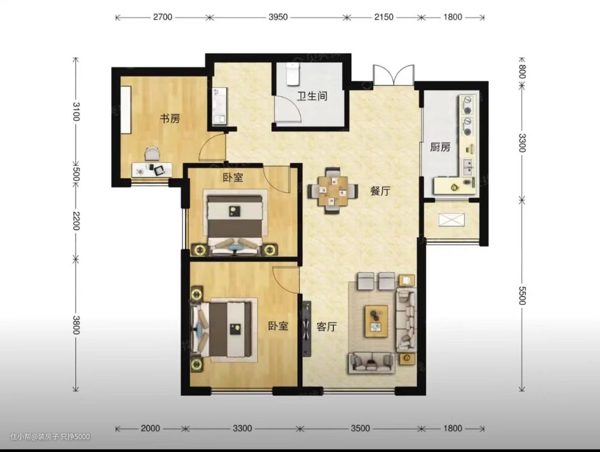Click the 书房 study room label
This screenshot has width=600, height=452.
tap(170, 118)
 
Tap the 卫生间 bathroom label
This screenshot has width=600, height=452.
tap(312, 96)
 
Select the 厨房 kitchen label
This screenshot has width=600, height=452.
tap(440, 147)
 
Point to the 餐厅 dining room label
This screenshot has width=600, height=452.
tap(381, 191)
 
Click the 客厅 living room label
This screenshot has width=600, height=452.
tap(327, 327)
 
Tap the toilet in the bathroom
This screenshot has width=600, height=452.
tap(293, 74)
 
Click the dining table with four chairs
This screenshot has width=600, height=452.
tap(333, 190)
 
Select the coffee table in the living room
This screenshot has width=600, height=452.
tap(377, 321)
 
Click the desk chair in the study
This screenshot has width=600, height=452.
tap(152, 154)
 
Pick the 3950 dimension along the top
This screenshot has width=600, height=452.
tap(278, 17)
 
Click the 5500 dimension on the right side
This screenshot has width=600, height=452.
tap(522, 295)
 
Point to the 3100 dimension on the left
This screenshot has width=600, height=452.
tap(76, 111)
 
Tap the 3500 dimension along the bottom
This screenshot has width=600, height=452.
tap(361, 428)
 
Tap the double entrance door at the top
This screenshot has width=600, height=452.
tap(394, 76)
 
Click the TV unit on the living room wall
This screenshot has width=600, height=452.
tap(306, 329)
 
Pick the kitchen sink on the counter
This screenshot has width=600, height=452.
tap(468, 165)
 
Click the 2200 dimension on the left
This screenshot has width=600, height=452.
tap(76, 221)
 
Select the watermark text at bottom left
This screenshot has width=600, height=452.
tap(50, 436)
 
